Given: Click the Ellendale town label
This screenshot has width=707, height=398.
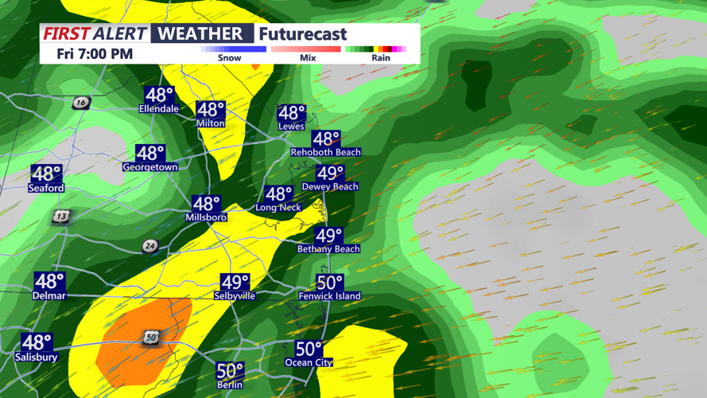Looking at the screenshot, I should (158, 109).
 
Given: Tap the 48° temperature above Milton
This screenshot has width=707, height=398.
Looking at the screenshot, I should (211, 110).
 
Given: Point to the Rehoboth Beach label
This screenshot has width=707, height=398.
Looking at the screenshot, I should (325, 152).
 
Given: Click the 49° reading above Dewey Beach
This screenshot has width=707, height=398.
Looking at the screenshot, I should (330, 173).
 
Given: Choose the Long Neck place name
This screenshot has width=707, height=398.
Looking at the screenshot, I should (278, 208).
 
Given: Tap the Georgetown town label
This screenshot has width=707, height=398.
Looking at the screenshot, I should (150, 168).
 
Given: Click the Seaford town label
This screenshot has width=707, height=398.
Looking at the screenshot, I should (45, 189).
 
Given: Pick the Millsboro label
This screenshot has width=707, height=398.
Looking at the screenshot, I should (206, 217).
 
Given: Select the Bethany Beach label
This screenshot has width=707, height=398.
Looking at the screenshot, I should (328, 249).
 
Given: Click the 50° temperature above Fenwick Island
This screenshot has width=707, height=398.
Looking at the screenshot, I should (329, 283).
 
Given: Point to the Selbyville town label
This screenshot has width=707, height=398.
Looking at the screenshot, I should (235, 296).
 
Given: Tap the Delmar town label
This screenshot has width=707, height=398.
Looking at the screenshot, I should (49, 296).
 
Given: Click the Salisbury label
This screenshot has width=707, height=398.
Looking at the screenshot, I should (36, 357).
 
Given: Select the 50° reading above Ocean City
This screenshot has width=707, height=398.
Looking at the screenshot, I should (309, 349).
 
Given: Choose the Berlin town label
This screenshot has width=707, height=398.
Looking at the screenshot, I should (230, 385).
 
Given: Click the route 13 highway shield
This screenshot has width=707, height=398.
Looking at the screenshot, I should (61, 217).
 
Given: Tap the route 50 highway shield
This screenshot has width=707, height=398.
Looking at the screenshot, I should (151, 338).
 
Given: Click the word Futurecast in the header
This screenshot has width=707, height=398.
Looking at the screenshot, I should (303, 34).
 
